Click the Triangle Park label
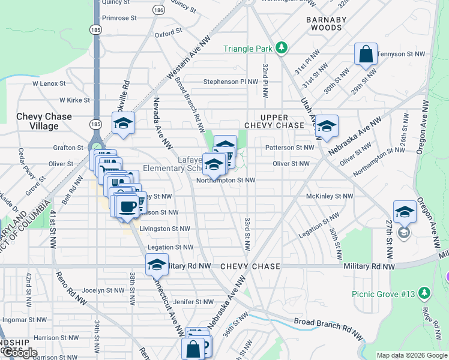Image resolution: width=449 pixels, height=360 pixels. [248, 49]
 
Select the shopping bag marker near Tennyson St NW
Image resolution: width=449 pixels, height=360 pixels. [366, 55]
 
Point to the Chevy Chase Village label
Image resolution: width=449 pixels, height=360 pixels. [44, 121]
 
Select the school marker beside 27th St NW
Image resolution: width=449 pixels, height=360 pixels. [405, 212]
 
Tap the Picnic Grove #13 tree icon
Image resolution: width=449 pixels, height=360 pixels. [425, 293]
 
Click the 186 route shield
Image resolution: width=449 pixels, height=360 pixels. [158, 10]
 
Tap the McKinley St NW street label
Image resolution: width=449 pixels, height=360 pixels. [330, 196]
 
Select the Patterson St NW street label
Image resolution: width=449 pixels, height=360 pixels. [289, 147]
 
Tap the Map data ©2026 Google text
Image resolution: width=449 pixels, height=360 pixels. [411, 355]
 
